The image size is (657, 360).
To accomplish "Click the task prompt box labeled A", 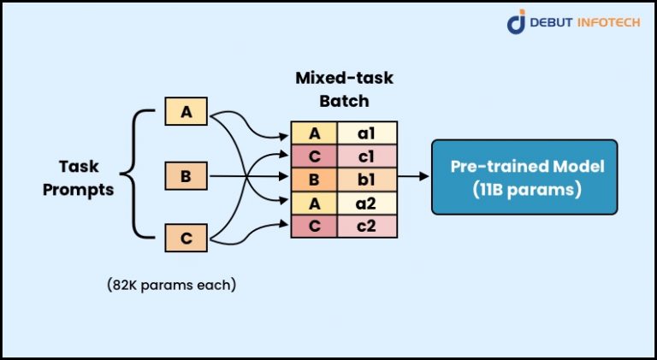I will (x=186, y=112).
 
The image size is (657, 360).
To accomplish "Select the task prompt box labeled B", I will (x=186, y=178).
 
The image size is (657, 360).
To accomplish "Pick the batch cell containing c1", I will (x=367, y=156).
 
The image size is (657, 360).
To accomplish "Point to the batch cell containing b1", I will (x=367, y=180).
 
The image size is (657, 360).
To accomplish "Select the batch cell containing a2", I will (x=367, y=203).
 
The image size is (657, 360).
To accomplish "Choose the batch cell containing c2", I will (x=367, y=226).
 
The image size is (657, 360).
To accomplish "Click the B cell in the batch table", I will (x=314, y=180).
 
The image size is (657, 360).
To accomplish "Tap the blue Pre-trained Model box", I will (x=523, y=177).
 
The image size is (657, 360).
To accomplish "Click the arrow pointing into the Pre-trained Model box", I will (x=415, y=178).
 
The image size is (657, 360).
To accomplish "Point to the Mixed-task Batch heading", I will (x=343, y=89).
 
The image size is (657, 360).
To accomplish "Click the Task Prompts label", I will (x=86, y=178).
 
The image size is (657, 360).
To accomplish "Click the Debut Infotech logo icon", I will (x=517, y=22).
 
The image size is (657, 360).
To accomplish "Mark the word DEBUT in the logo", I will (x=552, y=23).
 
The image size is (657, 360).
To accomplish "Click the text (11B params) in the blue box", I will (x=523, y=189).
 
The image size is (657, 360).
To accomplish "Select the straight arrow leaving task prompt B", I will (x=248, y=178).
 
